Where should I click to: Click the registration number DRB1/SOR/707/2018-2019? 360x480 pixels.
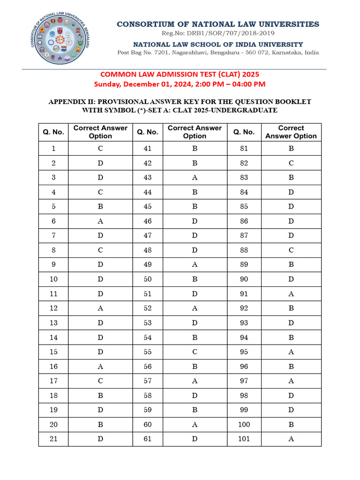point(218,33)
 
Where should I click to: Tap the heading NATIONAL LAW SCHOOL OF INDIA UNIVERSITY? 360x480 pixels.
point(218,44)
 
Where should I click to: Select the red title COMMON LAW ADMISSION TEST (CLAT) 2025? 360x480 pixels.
point(180,74)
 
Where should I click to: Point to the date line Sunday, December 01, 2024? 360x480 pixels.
point(180,84)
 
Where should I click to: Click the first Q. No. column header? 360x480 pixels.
point(53,132)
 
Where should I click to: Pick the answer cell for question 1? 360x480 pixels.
point(100,149)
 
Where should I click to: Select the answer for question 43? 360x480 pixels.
point(195,178)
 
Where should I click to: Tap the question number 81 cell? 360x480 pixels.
point(244,149)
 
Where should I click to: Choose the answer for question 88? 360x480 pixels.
point(291,250)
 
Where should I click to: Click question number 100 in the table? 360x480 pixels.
point(244,425)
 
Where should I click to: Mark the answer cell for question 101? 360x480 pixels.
point(291,439)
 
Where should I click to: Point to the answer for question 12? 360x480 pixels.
point(100,308)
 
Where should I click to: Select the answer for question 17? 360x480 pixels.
point(100,381)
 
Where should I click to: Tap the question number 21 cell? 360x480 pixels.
point(53,439)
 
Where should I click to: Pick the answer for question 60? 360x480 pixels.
point(195,425)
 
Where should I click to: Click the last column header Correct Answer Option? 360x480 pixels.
point(291,132)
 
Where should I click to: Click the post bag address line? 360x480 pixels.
point(218,52)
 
